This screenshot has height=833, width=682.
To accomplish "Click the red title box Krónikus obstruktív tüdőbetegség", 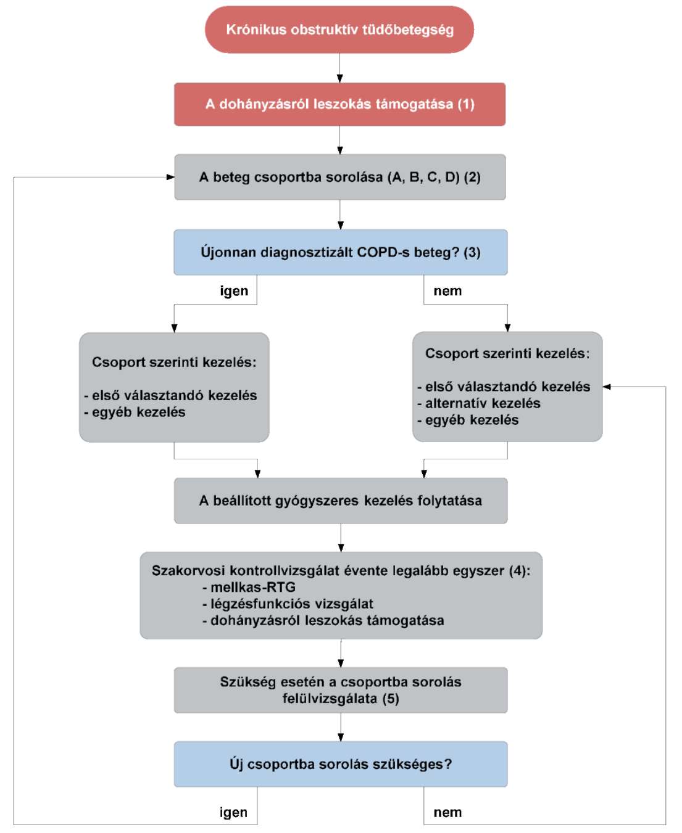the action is [x=339, y=30].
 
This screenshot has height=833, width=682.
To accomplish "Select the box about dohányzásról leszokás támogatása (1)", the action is [x=339, y=104].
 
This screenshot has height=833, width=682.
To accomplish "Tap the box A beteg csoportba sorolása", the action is [x=340, y=177].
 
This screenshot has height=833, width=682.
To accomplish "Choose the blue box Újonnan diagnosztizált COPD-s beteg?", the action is [x=341, y=252].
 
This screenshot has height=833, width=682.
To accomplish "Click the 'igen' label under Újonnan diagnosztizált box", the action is [x=234, y=291].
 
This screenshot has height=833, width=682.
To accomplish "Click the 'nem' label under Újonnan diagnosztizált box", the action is [x=447, y=291].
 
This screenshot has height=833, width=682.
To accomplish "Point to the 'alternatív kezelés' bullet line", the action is [x=479, y=403].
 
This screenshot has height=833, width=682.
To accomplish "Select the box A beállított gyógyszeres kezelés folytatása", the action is [x=341, y=501].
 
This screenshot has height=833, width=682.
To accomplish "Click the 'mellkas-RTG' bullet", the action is [x=249, y=588].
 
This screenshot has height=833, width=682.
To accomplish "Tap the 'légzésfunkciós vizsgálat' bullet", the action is [x=288, y=604].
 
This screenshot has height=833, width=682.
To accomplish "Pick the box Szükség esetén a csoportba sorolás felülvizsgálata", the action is [x=341, y=690].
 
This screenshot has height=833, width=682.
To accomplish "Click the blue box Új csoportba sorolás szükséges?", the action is [x=341, y=764].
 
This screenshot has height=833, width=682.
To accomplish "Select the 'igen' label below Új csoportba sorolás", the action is [x=234, y=813].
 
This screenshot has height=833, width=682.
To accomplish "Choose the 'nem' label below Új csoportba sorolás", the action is [x=447, y=813].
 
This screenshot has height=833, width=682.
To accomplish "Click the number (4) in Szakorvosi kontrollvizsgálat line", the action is [x=518, y=571].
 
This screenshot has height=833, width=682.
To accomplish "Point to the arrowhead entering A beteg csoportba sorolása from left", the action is [x=170, y=177].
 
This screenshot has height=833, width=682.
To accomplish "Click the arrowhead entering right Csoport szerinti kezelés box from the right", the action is [x=607, y=387].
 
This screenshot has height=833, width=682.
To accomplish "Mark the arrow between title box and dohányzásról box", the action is [x=339, y=68].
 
